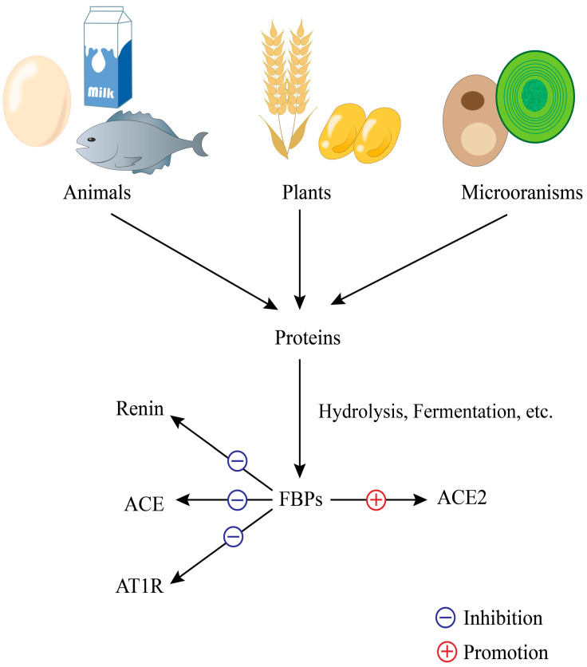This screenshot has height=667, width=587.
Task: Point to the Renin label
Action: click(x=139, y=410)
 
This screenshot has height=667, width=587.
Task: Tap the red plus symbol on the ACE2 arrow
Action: click(x=376, y=500)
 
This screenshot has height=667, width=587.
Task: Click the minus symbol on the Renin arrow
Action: click(x=237, y=460)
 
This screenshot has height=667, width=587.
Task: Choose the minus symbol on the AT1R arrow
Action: click(x=233, y=537)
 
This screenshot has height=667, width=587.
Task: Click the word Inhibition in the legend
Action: click(x=502, y=618)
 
